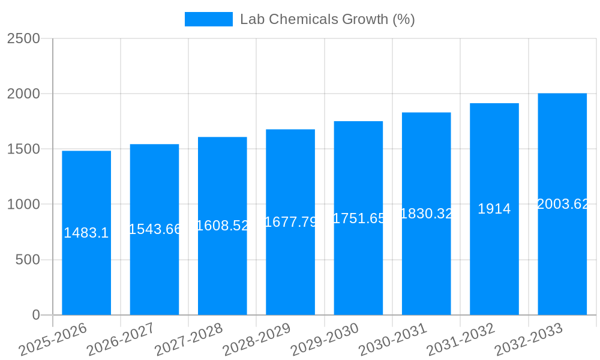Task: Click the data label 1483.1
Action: [86, 233]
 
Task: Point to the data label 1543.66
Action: [155, 229]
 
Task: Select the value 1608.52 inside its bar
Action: [223, 226]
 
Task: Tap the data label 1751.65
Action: [358, 218]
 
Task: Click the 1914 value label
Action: [494, 209]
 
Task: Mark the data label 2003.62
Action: [562, 204]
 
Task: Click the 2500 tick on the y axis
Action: [24, 38]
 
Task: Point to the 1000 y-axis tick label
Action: [24, 205]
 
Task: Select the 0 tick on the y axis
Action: [35, 315]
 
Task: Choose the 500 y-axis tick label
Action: [28, 260]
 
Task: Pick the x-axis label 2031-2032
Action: [461, 340]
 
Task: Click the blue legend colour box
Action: [208, 19]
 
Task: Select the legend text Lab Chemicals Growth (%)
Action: [327, 19]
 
